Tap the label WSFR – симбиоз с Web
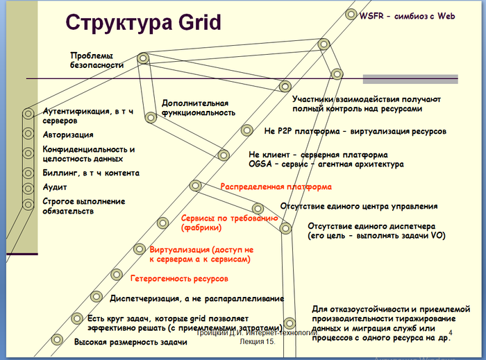pyautogui.click(x=407, y=16)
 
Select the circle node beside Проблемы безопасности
pyautogui.click(x=142, y=59)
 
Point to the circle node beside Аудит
pyautogui.click(x=28, y=187)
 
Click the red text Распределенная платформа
pyautogui.click(x=267, y=187)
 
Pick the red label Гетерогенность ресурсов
pyautogui.click(x=179, y=278)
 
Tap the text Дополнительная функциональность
pyautogui.click(x=195, y=106)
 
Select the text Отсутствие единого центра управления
pyautogui.click(x=358, y=206)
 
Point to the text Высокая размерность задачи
pyautogui.click(x=131, y=343)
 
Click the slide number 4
pyautogui.click(x=452, y=334)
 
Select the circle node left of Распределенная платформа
pyautogui.click(x=196, y=185)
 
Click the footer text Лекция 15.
pyautogui.click(x=258, y=343)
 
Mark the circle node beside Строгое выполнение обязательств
pyautogui.click(x=28, y=204)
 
